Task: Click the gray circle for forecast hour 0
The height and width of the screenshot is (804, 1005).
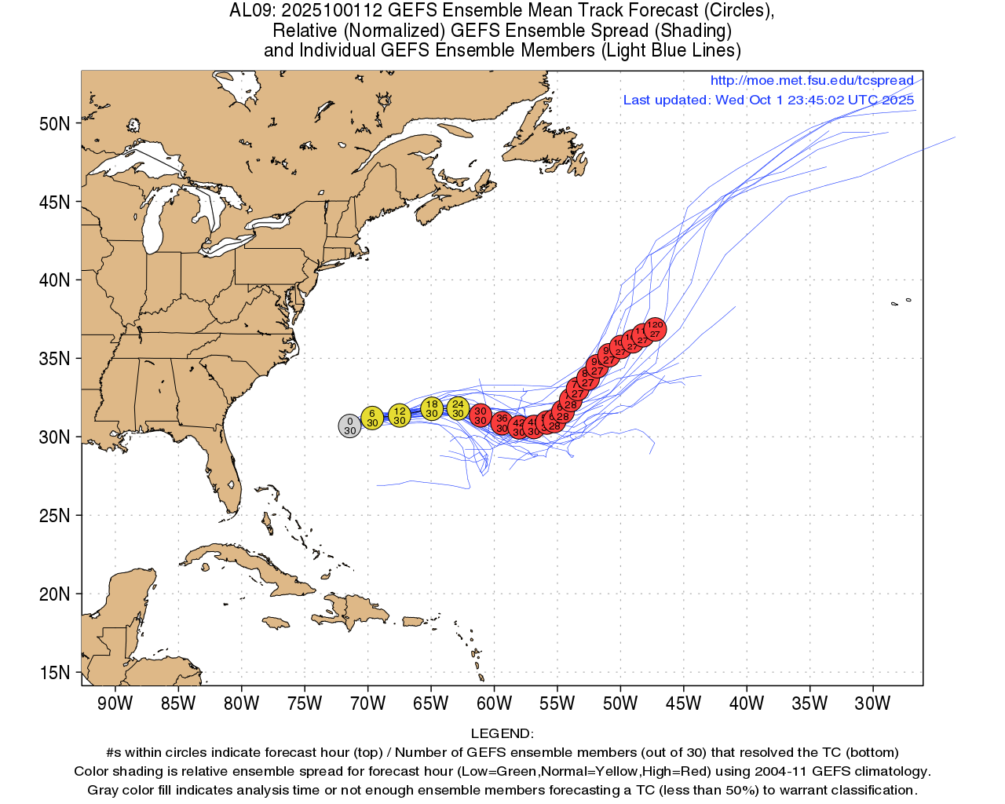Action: point(349,426)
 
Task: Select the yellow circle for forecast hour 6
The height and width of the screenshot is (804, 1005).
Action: point(372,418)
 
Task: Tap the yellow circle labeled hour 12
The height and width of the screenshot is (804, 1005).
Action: point(400,415)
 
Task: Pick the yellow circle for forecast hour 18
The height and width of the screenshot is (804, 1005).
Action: point(432,408)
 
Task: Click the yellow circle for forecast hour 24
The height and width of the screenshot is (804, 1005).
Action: point(458,408)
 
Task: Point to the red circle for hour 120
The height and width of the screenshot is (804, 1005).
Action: point(655,329)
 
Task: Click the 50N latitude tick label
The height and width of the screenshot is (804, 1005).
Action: point(55,124)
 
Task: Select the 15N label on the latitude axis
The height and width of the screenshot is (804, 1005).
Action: point(55,673)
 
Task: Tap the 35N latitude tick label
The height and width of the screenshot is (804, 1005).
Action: point(55,359)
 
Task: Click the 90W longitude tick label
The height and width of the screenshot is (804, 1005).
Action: point(115,703)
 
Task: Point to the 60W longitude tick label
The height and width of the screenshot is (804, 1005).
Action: point(494,703)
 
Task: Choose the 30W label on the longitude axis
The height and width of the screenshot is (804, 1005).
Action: point(872,703)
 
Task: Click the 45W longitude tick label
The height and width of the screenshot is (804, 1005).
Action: point(683,703)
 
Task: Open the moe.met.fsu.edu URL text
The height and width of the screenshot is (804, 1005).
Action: point(812,81)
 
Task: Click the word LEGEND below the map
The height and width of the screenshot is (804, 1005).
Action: point(502,733)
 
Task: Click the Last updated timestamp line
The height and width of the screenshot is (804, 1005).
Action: point(769,100)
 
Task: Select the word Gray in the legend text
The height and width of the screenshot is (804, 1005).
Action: point(104,790)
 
